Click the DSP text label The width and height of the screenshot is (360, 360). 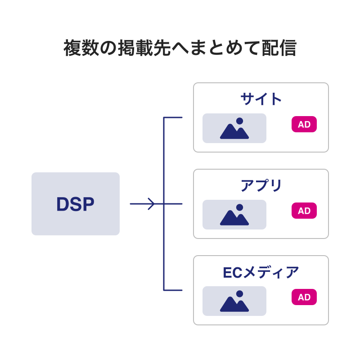coord(75,204)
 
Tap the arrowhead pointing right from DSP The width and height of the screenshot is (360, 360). coord(152,204)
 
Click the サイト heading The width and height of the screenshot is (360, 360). coord(261,99)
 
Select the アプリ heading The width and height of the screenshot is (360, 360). coord(261,185)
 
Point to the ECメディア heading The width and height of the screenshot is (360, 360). coord(261,272)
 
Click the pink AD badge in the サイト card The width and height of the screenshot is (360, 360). coord(304,124)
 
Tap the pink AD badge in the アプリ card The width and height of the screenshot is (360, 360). coord(304,211)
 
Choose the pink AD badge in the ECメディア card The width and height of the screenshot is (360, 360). coord(304,297)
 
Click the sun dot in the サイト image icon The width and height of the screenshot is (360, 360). coord(239,121)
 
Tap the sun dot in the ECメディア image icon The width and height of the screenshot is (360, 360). coord(239,294)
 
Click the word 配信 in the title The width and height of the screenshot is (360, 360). coord(279,48)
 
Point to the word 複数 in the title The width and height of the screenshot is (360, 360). coord(81,48)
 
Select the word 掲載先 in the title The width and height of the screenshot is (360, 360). coord(144,48)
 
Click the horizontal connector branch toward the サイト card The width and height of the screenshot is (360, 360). coord(173,117)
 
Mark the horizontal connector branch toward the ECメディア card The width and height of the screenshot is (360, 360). coord(173,290)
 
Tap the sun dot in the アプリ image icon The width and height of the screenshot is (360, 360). coord(239,207)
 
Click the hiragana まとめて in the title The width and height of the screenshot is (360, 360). coord(225,48)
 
